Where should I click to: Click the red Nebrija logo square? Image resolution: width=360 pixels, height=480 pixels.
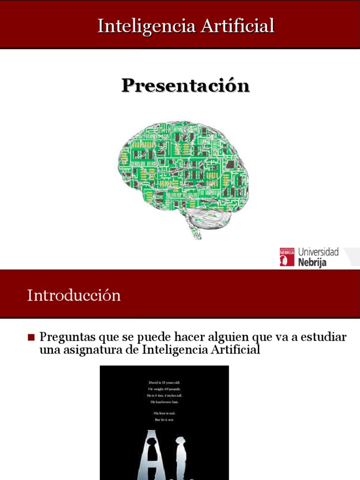287,257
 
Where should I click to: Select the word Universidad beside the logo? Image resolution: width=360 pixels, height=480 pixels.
318,252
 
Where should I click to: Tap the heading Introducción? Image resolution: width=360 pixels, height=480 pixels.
74,295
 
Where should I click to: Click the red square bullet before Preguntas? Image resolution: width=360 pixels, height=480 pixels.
31,337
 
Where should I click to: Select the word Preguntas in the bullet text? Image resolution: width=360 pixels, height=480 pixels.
67,337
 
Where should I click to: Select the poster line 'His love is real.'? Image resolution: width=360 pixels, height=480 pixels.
164,412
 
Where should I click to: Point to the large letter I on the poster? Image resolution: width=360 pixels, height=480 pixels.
180,457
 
